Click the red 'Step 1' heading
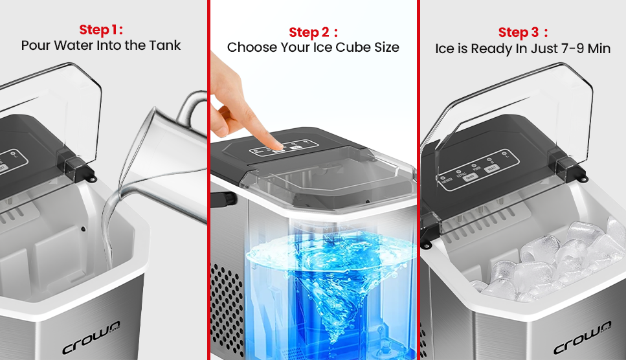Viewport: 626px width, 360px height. (100, 30)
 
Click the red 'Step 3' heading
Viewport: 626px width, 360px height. (523, 32)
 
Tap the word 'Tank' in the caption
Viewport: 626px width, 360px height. (164, 46)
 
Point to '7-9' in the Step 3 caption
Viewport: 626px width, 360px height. (567, 49)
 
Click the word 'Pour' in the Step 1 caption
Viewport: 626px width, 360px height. (35, 46)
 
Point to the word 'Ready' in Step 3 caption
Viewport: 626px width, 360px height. (491, 49)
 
